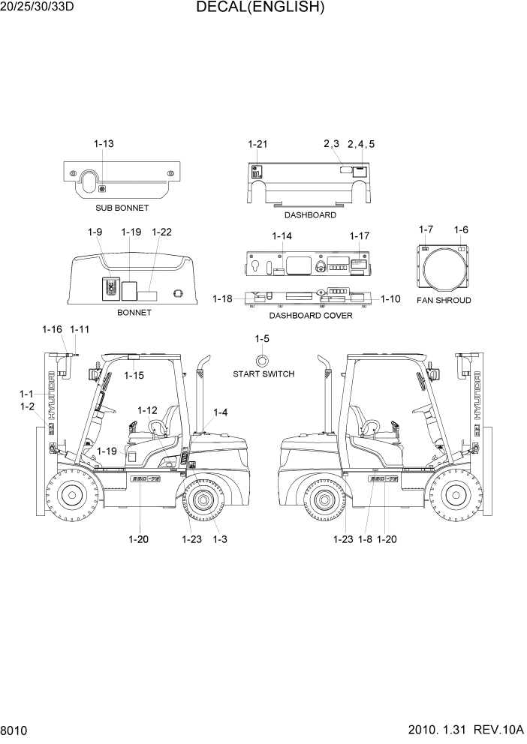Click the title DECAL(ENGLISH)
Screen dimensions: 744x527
[260, 8]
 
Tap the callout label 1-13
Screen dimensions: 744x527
[104, 143]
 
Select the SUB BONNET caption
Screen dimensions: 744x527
[122, 208]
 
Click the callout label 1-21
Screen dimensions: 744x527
[257, 143]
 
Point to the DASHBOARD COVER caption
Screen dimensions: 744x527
[311, 316]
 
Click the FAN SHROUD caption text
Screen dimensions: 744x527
[444, 300]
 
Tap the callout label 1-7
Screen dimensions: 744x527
[426, 229]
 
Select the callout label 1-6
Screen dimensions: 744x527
[461, 229]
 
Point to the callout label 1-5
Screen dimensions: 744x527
[262, 339]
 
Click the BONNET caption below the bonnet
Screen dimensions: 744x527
[134, 312]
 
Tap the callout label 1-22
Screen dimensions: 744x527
[161, 232]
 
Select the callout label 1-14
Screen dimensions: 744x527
[282, 236]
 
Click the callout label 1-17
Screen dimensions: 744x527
[360, 236]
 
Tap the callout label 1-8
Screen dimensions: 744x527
[366, 539]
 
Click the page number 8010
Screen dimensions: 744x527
[14, 730]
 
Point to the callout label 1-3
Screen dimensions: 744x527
[220, 539]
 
